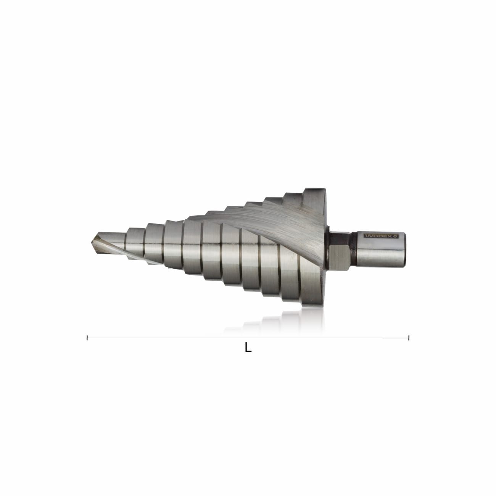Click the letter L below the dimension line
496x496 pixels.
tap(248, 348)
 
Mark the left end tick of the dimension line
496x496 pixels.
tap(88, 337)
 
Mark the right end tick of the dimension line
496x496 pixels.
tap(409, 337)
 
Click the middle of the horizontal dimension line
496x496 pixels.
tap(248, 337)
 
